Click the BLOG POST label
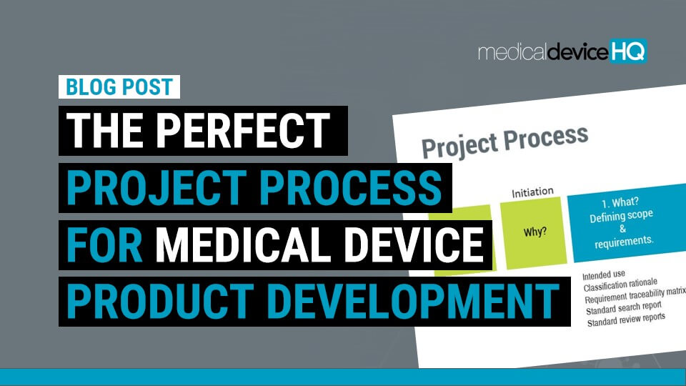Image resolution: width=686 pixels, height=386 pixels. [119, 87]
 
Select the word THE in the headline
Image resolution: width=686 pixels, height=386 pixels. [104, 131]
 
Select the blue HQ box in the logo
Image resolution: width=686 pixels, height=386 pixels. [629, 51]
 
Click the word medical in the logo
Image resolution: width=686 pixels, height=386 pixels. [511, 51]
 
